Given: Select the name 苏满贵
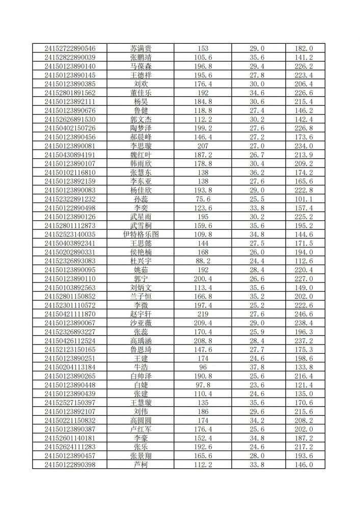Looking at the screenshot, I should (141, 49).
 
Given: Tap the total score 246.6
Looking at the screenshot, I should (304, 314).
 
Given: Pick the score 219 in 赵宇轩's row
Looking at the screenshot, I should (203, 314).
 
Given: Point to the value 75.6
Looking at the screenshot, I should (203, 199).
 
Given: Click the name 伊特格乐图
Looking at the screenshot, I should (141, 235).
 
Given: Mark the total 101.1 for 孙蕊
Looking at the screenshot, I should (304, 199).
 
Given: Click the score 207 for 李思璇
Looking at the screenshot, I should (203, 146).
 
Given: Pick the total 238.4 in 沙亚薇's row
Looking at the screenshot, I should (304, 323).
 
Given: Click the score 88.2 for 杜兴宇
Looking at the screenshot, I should (203, 261).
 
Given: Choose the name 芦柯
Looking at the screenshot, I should (141, 465).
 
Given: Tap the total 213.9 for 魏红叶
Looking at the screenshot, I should (304, 155).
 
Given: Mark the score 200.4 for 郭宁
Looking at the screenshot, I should (203, 279).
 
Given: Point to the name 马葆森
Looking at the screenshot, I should (141, 66).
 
